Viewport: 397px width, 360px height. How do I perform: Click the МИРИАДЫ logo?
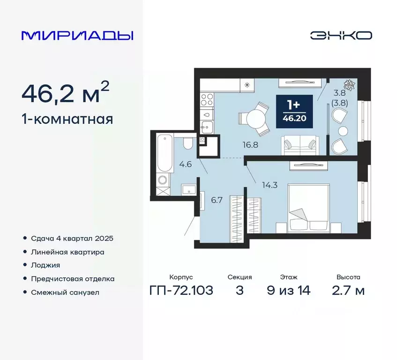[77, 36]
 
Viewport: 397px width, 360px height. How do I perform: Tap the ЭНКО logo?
[341, 36]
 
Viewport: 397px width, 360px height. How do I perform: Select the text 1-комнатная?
[67, 120]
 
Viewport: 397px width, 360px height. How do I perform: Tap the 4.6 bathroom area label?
[186, 164]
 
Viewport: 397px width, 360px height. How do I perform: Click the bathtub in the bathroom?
[164, 154]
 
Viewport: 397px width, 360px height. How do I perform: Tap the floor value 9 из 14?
[288, 290]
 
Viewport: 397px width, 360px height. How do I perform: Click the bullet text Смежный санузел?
[65, 292]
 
